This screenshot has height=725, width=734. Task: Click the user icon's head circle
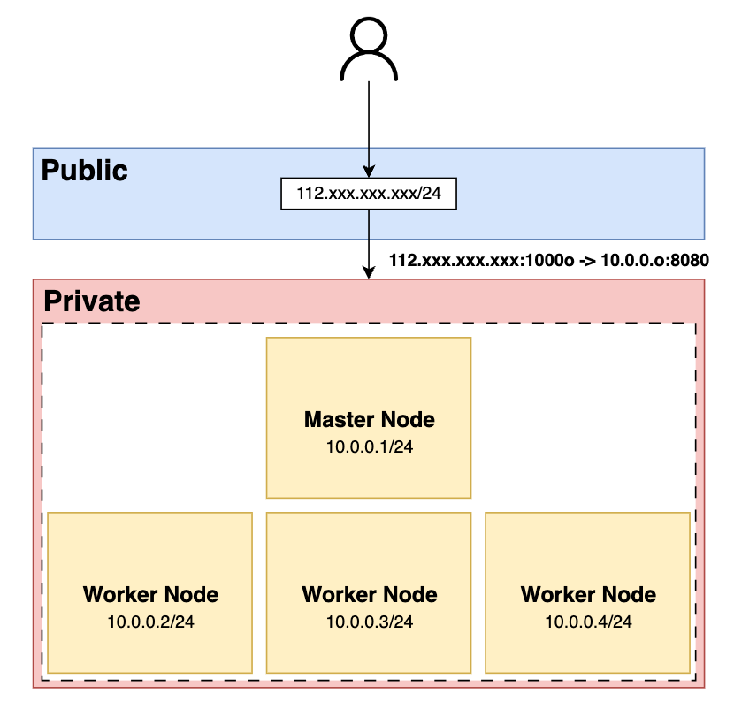pos(369,19)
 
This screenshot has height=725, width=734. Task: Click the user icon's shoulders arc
pos(369,52)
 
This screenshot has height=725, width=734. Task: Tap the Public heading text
pos(84,170)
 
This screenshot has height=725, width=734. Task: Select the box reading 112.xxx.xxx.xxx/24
pos(369,194)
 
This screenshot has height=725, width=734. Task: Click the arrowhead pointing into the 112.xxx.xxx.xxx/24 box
pos(369,172)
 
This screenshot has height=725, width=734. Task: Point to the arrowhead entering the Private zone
pos(369,273)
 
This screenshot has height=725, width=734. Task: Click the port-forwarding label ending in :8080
pos(549,260)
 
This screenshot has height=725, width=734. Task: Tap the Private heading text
pos(92,301)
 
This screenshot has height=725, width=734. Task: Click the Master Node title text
pos(370,419)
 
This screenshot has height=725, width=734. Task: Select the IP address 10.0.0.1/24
pos(370,447)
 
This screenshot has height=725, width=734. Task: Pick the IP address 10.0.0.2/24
pos(150,622)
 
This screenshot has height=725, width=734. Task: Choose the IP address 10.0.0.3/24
pos(370,622)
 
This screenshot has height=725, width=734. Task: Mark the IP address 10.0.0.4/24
pos(588,622)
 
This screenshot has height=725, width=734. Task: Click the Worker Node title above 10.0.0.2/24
pos(150,594)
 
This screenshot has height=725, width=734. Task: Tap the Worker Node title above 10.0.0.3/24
pos(370,594)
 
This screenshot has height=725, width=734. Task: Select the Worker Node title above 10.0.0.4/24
pos(588,594)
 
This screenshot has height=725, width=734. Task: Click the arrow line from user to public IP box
pos(369,130)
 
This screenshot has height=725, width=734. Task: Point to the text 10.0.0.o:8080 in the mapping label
pos(655,260)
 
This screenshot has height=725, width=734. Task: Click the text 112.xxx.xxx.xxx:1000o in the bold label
pos(482,260)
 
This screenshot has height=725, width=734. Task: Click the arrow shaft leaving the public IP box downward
pos(369,244)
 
